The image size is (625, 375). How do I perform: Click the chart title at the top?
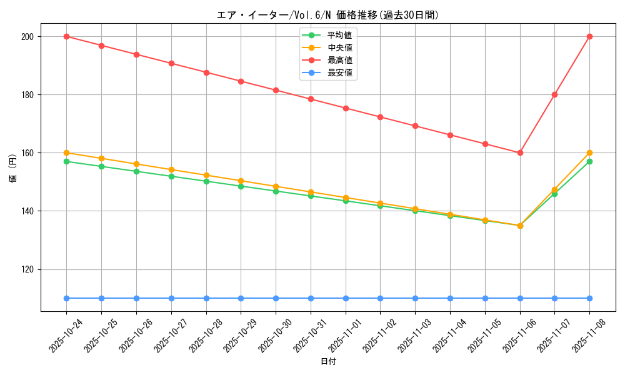pos(327,15)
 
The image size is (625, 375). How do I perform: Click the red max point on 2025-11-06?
pos(520,152)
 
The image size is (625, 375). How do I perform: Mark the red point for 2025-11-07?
pos(554,94)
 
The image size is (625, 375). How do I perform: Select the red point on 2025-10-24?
pos(66,36)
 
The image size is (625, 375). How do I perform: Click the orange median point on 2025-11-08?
pos(589,152)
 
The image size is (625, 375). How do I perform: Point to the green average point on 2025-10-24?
pos(66,161)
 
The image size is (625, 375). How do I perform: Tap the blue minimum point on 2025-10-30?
pos(276,298)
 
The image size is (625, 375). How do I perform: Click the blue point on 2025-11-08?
pos(589,298)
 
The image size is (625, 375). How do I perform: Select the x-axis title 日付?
pos(328,362)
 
